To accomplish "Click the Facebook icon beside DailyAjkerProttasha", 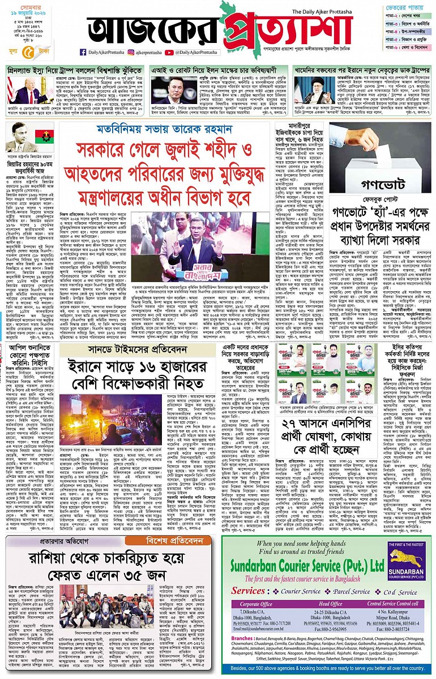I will (83, 52).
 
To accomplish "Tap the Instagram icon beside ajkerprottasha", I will (129, 52).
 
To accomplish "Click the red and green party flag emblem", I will (43, 137).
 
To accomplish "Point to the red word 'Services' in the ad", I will (250, 591).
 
